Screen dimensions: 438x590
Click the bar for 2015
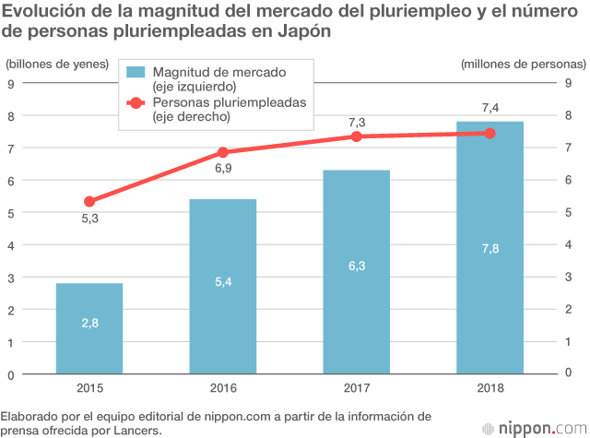point(89,328)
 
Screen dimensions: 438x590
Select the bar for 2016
point(222,287)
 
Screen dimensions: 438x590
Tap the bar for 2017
point(356,272)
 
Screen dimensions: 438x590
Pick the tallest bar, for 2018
point(490,248)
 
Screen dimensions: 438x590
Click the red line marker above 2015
point(89,202)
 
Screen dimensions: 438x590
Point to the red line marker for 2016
point(222,152)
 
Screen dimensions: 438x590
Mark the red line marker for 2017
point(356,136)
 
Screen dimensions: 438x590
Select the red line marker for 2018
point(490,133)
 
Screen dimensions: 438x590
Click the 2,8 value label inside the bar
point(89,322)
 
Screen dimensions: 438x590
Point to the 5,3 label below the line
point(88,219)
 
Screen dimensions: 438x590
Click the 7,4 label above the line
point(490,109)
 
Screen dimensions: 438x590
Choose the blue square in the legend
point(136,72)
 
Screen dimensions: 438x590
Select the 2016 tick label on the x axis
point(222,388)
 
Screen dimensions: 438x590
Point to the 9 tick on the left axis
point(10,83)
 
